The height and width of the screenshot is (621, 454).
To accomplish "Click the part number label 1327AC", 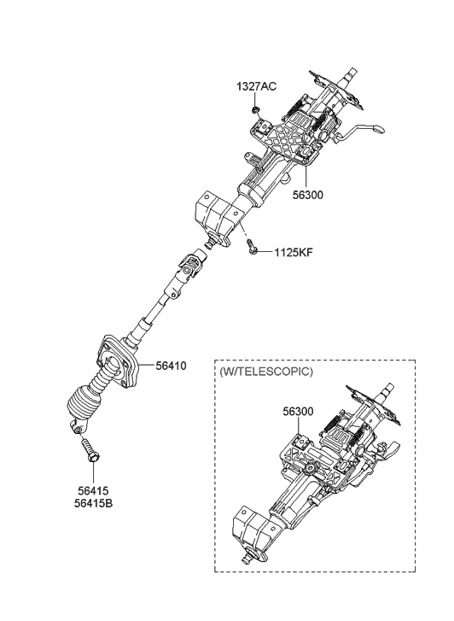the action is coord(257,86).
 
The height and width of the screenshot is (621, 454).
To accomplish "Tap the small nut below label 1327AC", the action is coord(255,109).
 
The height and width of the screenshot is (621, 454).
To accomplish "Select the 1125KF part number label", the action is coord(294,252).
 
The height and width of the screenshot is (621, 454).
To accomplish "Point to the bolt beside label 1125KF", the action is coord(252,246).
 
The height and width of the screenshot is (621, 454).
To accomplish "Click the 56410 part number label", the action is coord(171,366).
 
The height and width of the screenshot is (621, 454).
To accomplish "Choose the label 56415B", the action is coord(93,503).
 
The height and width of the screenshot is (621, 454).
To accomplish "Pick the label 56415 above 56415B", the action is coord(93,491).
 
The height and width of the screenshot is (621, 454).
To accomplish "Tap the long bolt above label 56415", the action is coord(90,449).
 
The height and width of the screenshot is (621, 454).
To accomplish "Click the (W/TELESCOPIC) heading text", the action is coord(265,372).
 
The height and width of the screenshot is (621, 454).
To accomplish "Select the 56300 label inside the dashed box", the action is coord(298,412).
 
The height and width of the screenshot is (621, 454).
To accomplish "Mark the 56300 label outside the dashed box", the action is coord(308,195).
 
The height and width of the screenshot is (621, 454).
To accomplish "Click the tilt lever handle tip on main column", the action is coord(378,128).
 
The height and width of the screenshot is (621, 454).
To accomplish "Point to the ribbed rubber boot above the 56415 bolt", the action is coord(84,405).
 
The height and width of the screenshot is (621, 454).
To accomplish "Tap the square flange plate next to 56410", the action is coord(118,361).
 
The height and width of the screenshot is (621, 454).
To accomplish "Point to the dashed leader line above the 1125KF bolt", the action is coord(243,231).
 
